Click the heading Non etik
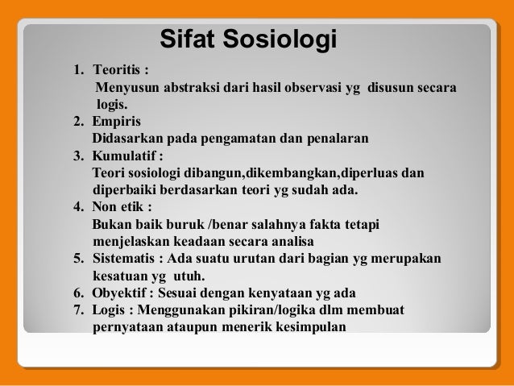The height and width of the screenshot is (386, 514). click(x=119, y=207)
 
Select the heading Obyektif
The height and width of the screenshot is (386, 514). click(x=122, y=293)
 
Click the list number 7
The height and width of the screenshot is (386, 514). click(x=77, y=310)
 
